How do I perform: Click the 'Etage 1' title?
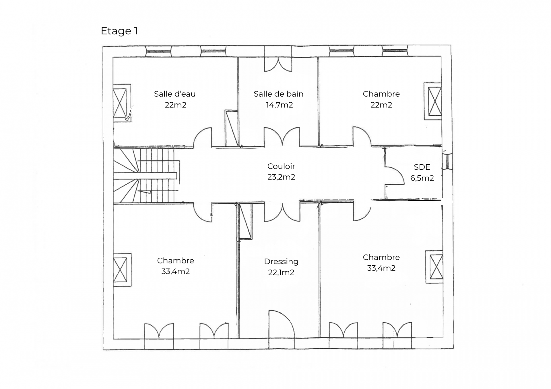(x=119, y=31)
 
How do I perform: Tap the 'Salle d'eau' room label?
(x=175, y=94)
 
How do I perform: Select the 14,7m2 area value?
(x=279, y=105)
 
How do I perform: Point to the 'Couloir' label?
(x=281, y=166)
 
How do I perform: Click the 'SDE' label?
(x=422, y=167)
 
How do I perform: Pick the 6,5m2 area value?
(x=422, y=178)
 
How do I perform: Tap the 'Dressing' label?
(x=281, y=262)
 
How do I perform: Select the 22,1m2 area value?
(x=281, y=272)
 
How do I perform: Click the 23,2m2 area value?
(x=281, y=177)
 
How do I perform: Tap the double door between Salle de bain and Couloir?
(x=282, y=137)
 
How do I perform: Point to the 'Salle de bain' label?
(x=278, y=94)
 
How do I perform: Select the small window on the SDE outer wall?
(x=447, y=162)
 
